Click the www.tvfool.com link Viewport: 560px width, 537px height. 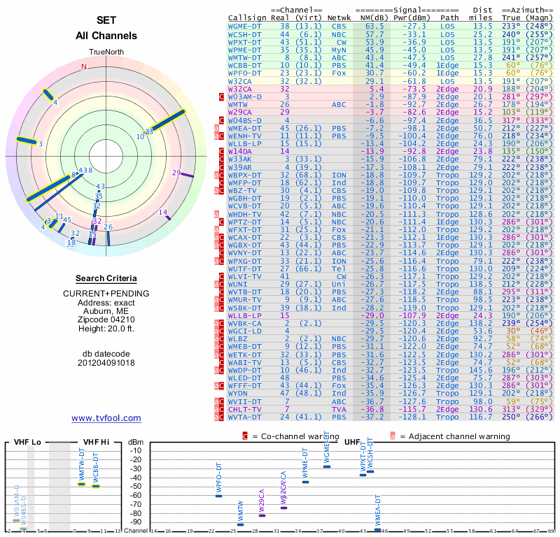[x=106, y=418]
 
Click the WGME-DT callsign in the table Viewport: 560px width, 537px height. [x=246, y=25]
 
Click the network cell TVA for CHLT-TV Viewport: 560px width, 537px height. [x=339, y=409]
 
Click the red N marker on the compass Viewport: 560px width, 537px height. [x=84, y=67]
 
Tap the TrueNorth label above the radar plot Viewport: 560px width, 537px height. [x=106, y=53]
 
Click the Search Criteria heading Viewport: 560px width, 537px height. [x=106, y=278]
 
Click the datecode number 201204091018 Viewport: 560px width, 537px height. [x=106, y=363]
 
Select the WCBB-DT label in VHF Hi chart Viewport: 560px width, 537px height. [x=97, y=468]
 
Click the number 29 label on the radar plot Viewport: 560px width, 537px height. [x=176, y=173]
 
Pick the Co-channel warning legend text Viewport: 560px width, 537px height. [x=290, y=436]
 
